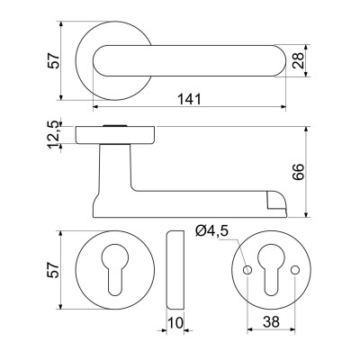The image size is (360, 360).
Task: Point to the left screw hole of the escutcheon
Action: click(x=245, y=270)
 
